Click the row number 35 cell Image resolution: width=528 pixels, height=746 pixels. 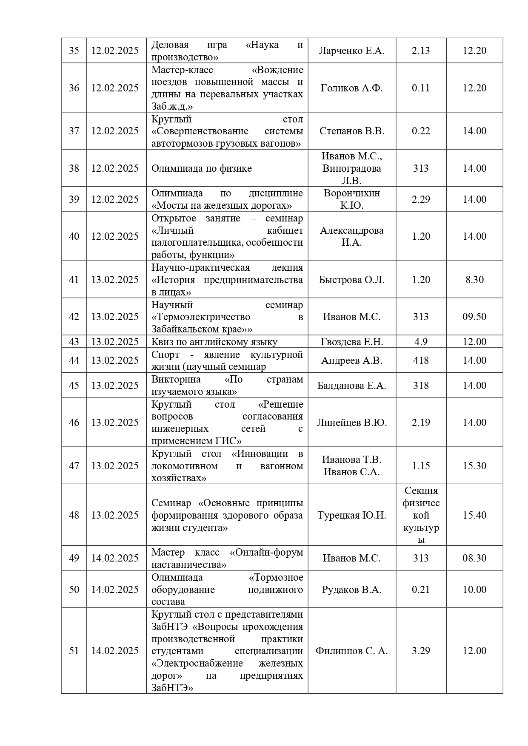click(x=74, y=51)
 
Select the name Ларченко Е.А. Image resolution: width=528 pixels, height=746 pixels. click(x=351, y=51)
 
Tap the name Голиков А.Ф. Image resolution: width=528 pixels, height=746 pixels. click(x=351, y=88)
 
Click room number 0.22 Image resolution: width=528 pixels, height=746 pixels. click(x=421, y=131)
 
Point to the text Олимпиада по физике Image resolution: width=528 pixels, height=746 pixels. click(x=202, y=168)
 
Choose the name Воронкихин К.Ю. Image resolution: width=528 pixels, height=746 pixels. click(x=351, y=199)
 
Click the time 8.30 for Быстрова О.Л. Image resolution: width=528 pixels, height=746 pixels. click(x=474, y=280)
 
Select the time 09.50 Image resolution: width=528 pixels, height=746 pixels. click(x=474, y=317)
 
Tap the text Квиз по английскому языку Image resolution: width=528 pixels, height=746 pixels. click(x=214, y=342)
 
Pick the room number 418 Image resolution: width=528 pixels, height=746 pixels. click(x=421, y=360)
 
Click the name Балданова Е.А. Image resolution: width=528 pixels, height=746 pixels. click(x=351, y=386)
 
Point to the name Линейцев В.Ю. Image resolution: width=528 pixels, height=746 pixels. click(x=351, y=423)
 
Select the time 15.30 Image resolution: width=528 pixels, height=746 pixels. click(x=474, y=466)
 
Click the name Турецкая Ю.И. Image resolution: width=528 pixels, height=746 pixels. click(x=351, y=515)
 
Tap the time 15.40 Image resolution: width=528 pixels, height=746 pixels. click(x=474, y=515)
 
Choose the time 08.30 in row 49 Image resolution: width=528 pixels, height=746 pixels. click(x=474, y=558)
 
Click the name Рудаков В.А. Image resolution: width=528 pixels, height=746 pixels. click(x=351, y=590)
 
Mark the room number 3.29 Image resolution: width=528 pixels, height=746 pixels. click(x=421, y=651)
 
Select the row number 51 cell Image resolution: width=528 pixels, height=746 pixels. click(x=74, y=651)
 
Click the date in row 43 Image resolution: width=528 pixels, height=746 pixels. click(x=115, y=342)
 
